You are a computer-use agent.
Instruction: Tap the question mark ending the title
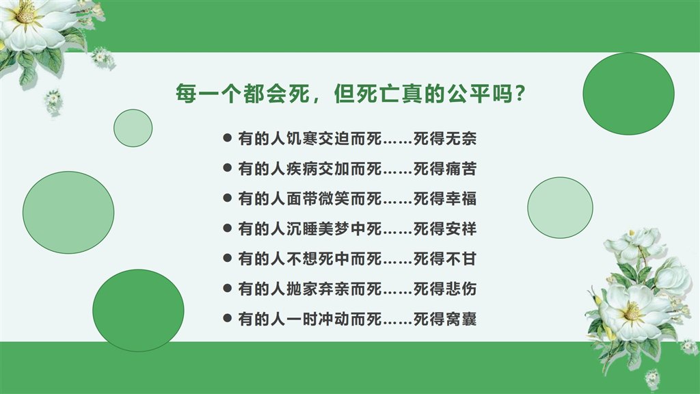520,93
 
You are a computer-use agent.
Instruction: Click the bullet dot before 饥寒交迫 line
227,137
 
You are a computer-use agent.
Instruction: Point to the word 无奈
461,138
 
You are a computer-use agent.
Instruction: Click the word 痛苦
461,168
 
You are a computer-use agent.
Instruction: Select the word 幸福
461,198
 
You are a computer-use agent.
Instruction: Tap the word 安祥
461,228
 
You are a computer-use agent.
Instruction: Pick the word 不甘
461,259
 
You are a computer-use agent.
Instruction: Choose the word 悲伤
461,289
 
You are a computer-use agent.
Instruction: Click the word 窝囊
461,319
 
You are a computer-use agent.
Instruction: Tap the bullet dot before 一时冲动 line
227,318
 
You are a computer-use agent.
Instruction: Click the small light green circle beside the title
133,128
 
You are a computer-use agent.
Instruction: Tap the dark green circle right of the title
629,94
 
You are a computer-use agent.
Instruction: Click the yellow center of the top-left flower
25,12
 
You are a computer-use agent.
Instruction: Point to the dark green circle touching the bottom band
138,311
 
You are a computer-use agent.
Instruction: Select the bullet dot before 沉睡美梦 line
227,228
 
